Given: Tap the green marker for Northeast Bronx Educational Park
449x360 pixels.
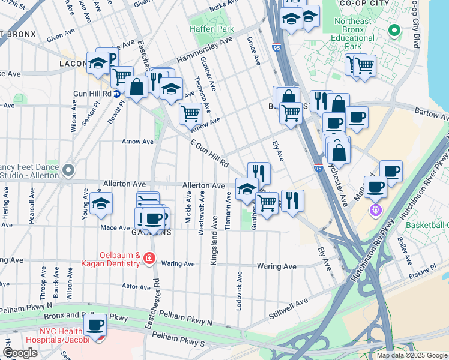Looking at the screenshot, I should point(394,30).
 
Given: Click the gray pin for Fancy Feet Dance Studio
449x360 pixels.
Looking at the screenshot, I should point(68,170).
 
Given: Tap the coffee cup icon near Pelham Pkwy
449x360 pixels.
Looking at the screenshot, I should point(95,326).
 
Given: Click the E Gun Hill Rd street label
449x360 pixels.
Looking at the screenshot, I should point(209,154).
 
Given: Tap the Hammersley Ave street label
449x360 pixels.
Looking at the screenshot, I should point(203,52).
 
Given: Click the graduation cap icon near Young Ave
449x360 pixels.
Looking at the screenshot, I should point(101,203).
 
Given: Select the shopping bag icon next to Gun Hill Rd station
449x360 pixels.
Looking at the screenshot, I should point(137,88).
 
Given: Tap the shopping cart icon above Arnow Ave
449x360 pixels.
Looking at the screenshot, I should point(190,112).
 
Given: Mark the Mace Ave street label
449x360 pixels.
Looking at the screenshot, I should point(115,228).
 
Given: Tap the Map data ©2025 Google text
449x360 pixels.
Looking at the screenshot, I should point(412,355).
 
